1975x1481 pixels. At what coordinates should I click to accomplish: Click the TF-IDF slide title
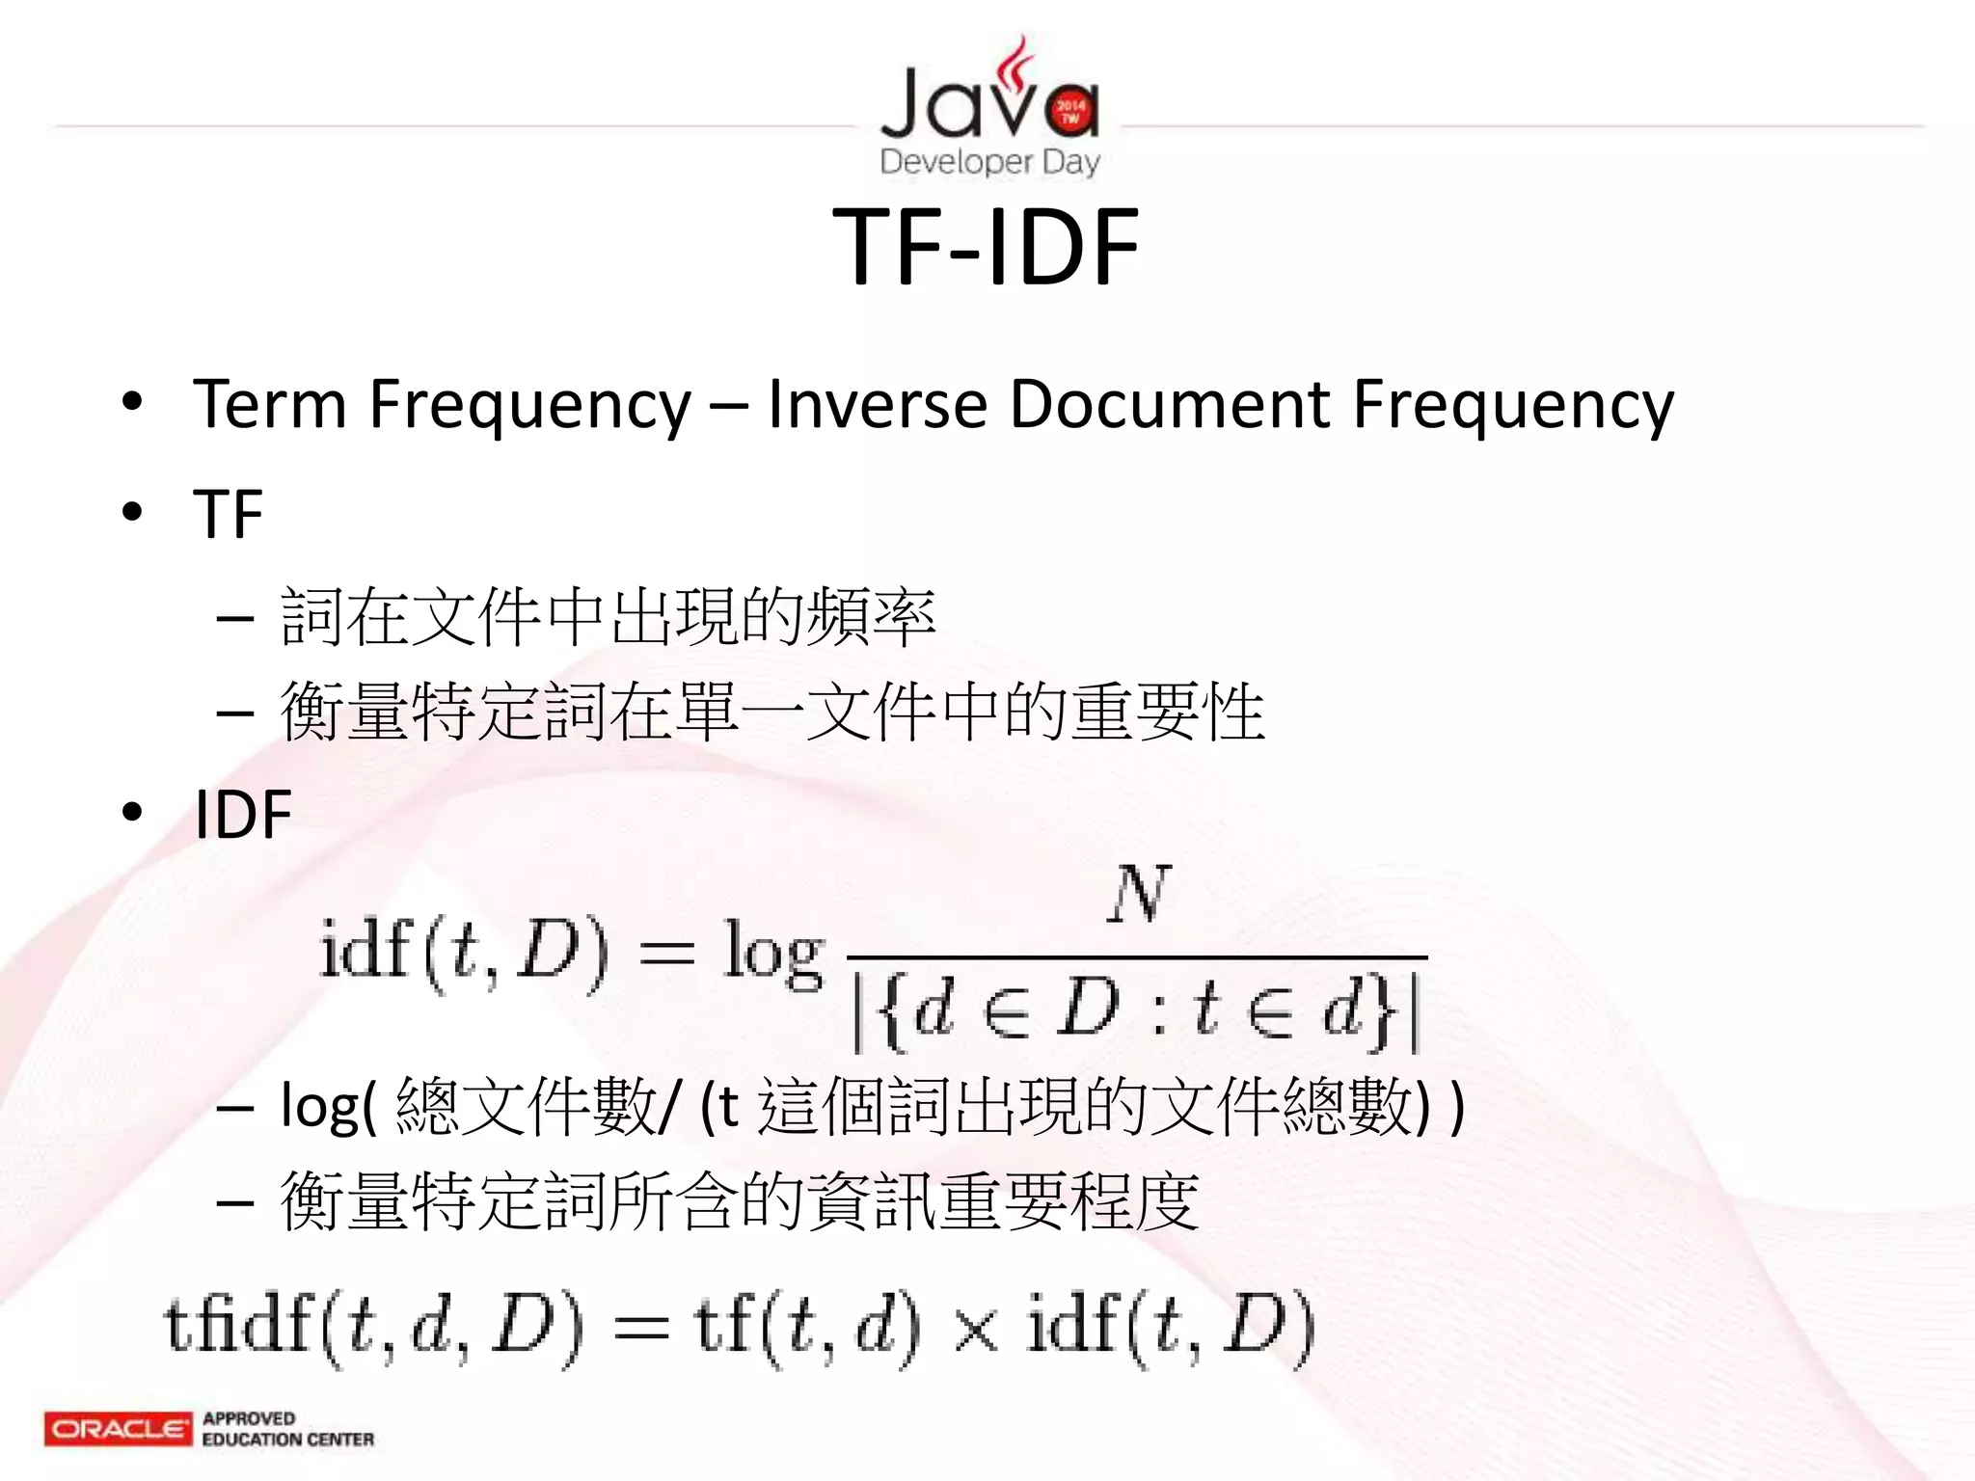pos(986,248)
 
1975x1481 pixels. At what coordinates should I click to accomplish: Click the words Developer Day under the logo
pos(989,162)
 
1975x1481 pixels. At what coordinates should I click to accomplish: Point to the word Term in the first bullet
pos(269,404)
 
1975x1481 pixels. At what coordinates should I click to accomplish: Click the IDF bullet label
pos(243,815)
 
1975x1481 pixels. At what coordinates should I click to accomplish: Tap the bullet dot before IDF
pos(132,813)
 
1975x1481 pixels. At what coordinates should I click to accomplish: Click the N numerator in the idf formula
pos(1138,896)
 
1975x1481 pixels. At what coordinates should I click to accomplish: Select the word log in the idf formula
pos(772,955)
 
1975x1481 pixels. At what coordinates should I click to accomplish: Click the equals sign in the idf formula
pos(666,955)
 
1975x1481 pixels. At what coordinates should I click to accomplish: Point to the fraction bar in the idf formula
pos(1136,957)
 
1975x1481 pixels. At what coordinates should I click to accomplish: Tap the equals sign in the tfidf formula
pos(640,1328)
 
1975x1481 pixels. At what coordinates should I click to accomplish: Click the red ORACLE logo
pos(118,1428)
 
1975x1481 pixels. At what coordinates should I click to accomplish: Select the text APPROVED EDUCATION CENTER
pos(287,1429)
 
